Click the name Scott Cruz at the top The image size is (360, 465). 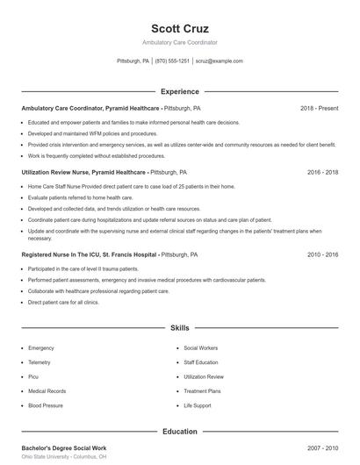(179, 28)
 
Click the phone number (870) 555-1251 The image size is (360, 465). (172, 61)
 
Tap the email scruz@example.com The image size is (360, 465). (219, 61)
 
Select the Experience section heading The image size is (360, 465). (179, 91)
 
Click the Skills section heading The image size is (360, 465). (179, 327)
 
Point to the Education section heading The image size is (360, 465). (179, 432)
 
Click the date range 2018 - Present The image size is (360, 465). (319, 108)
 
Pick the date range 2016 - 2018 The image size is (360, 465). (322, 173)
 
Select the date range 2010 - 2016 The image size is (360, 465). (322, 254)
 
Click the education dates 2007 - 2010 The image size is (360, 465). (322, 447)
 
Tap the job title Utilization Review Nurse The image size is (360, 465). (58, 173)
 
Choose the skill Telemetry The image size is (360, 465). (40, 362)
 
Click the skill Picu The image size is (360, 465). (32, 376)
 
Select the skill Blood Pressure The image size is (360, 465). (45, 405)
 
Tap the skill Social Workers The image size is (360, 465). (201, 347)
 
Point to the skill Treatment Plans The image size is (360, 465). (202, 391)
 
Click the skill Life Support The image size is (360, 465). (198, 405)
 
